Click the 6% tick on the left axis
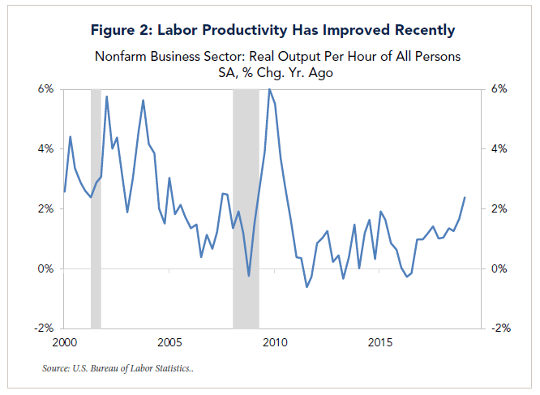point(44,88)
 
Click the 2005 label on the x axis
point(169,341)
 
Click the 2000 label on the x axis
point(64,341)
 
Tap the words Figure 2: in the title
point(119,31)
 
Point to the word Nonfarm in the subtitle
point(124,57)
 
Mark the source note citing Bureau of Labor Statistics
point(118,369)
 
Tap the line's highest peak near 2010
point(269,88)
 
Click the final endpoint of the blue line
point(465,198)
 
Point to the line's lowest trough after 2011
point(306,286)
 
